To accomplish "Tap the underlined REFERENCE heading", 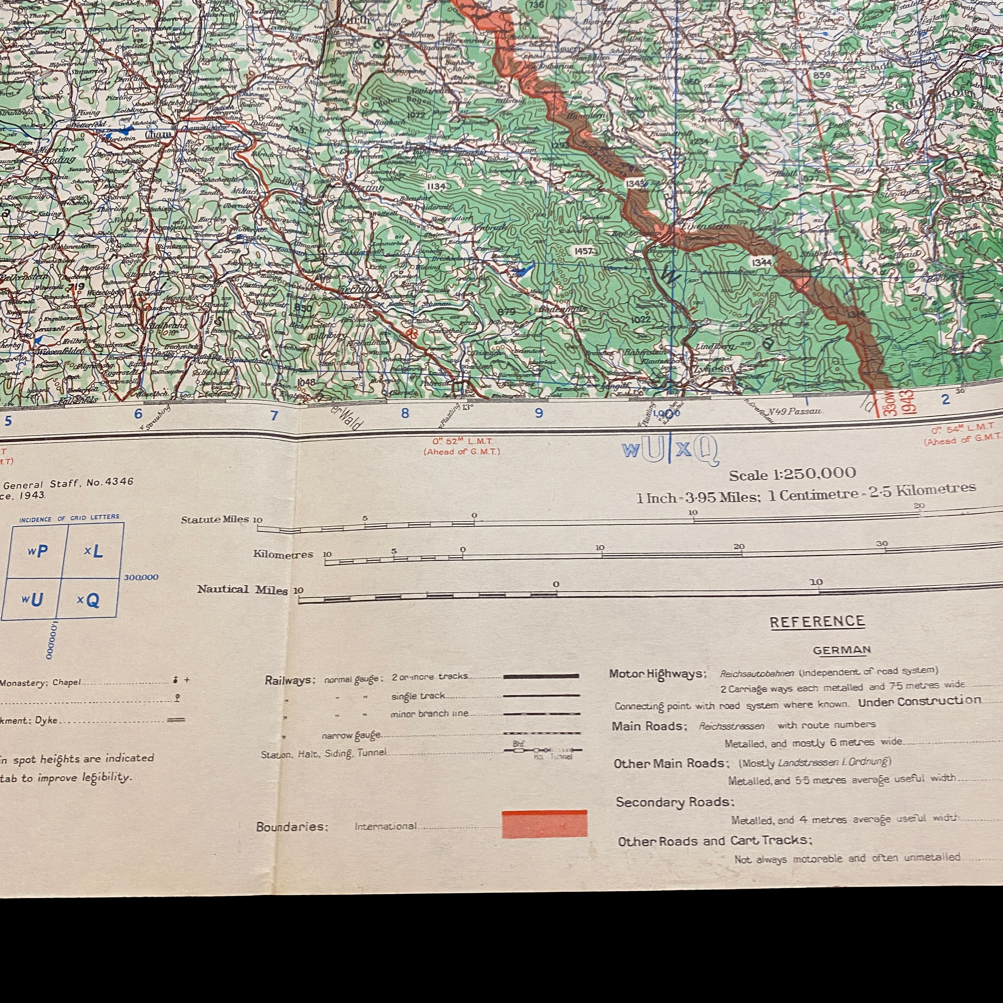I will point(817,621).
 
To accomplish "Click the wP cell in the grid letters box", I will point(38,551).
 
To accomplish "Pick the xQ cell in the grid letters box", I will point(88,601).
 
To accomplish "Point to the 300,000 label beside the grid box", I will point(141,577).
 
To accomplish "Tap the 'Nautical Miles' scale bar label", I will point(242,589).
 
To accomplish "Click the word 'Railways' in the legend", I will point(290,680).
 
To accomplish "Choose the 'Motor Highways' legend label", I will point(657,674).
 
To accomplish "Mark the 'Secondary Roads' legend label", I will point(674,802).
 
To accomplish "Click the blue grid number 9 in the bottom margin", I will point(539,413).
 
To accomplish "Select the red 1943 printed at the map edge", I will point(908,402).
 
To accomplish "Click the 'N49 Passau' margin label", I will point(795,412).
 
